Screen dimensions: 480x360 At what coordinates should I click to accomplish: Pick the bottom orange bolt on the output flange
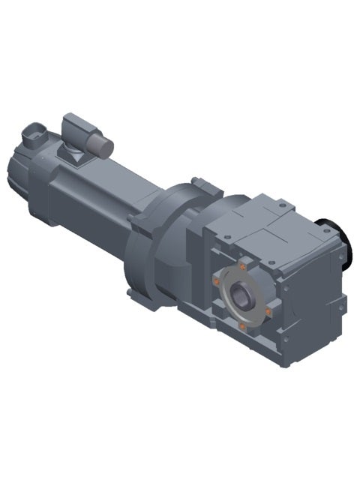pyautogui.click(x=241, y=326)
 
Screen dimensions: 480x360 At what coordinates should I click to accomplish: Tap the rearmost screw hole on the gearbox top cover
pyautogui.click(x=280, y=203)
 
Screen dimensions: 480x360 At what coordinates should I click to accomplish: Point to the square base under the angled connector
pyautogui.click(x=75, y=154)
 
